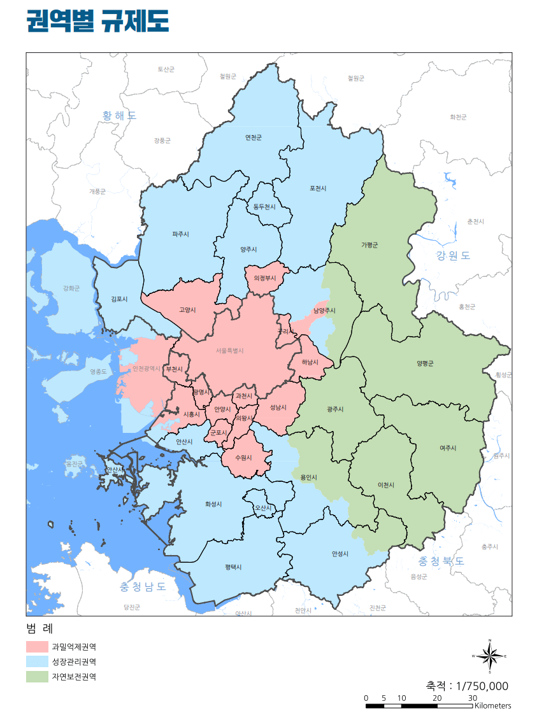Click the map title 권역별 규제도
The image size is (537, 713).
tap(97, 21)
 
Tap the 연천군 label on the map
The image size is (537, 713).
tap(254, 138)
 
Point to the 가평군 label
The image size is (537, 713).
tap(369, 244)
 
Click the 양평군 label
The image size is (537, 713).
tap(425, 363)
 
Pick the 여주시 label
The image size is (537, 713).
tap(448, 448)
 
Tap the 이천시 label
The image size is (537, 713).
tap(386, 485)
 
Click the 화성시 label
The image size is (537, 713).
tap(213, 504)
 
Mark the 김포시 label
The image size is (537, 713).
tap(119, 299)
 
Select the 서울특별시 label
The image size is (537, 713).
tap(230, 350)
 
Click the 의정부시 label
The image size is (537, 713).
tap(264, 278)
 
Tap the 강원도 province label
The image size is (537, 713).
tap(453, 256)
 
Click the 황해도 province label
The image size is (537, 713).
tap(119, 116)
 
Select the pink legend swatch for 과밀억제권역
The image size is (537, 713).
tap(37, 647)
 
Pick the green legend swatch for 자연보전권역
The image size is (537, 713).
tap(37, 677)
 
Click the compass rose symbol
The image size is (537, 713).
tap(489, 656)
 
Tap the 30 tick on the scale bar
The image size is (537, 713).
tap(473, 698)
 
